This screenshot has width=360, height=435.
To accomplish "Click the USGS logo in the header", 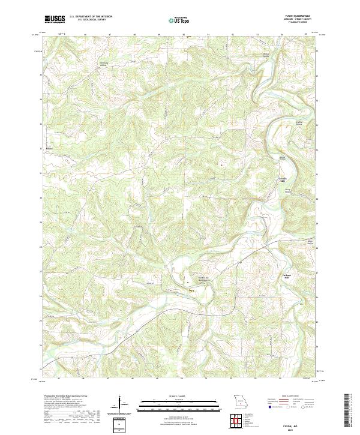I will pos(55,19).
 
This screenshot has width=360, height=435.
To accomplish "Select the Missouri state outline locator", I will pos(239,401).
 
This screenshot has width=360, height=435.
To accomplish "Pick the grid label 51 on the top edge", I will pos(208,35).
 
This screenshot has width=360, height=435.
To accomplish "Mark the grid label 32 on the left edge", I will pos(41,148).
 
